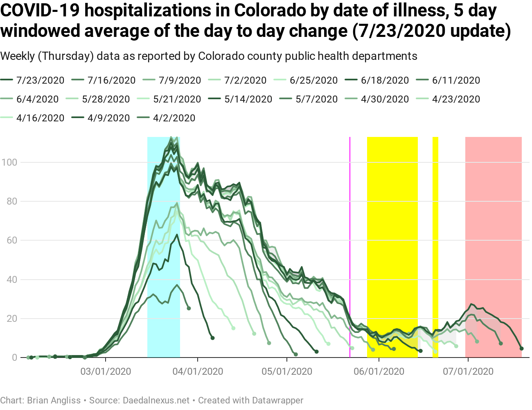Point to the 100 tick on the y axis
(9, 162)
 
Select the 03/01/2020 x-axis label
(106, 371)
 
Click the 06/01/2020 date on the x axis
(379, 371)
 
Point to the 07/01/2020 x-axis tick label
(468, 371)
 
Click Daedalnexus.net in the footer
(156, 400)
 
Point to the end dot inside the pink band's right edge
(521, 348)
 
